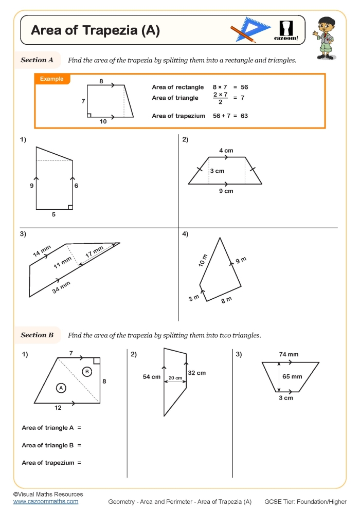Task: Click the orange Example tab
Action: [x=52, y=79]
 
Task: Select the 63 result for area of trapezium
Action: [x=244, y=116]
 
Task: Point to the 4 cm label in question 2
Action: [x=226, y=151]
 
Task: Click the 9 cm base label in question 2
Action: [x=226, y=191]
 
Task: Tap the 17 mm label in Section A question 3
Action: [x=95, y=252]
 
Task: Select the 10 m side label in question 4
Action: [x=204, y=260]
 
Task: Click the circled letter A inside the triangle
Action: [x=61, y=388]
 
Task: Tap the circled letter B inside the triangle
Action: [x=87, y=371]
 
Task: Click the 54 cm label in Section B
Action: [x=152, y=377]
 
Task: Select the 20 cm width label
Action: [x=175, y=378]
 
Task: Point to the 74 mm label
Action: [x=289, y=354]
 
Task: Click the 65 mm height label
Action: [x=293, y=376]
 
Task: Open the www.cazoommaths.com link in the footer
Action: [x=46, y=501]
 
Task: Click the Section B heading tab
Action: [x=38, y=335]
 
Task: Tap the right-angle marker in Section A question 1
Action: [x=70, y=207]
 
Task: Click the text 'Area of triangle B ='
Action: [x=51, y=445]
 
